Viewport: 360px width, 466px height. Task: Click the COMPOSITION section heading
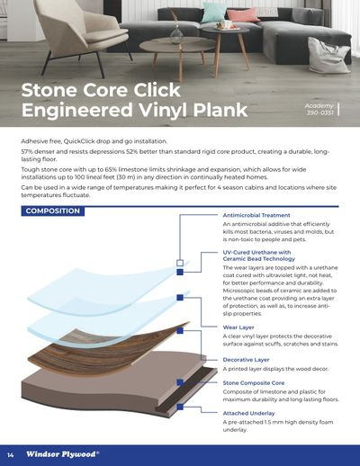(x=53, y=211)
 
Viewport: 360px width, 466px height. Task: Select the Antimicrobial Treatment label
(x=256, y=215)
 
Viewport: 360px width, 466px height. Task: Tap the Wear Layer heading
(x=238, y=327)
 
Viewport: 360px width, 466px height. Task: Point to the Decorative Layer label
(x=246, y=360)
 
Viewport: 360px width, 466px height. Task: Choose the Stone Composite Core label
(x=254, y=383)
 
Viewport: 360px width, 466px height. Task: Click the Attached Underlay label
(x=248, y=413)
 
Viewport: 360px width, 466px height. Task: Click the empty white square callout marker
(x=180, y=263)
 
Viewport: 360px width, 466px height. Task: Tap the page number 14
(x=11, y=455)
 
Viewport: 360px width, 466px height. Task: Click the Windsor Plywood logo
(x=62, y=454)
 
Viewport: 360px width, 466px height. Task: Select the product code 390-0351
(x=319, y=112)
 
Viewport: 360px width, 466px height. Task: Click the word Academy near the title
(x=319, y=106)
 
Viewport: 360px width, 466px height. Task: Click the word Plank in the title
(x=220, y=110)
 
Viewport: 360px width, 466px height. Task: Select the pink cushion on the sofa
(x=242, y=14)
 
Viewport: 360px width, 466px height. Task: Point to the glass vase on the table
(x=176, y=35)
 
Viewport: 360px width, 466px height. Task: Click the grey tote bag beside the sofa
(x=328, y=55)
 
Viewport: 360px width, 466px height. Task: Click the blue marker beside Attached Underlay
(x=180, y=407)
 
